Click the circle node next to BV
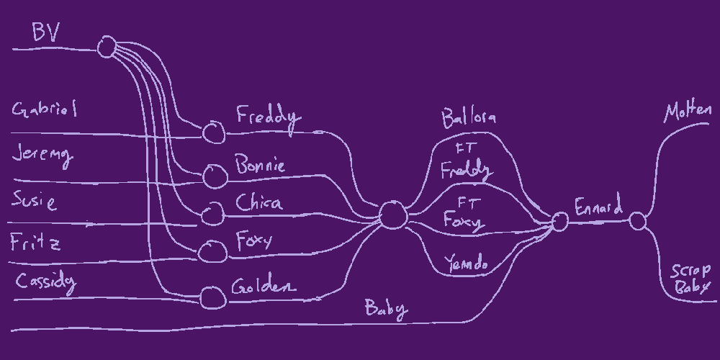107,48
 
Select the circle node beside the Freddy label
213,132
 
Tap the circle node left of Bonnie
214,176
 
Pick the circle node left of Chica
212,213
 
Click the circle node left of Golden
212,297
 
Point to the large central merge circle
392,215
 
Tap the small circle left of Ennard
559,222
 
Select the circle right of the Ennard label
637,220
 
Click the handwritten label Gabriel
45,110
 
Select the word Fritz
35,243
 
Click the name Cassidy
45,282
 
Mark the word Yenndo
466,264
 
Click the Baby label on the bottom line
386,309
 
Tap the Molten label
688,112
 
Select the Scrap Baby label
690,279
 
